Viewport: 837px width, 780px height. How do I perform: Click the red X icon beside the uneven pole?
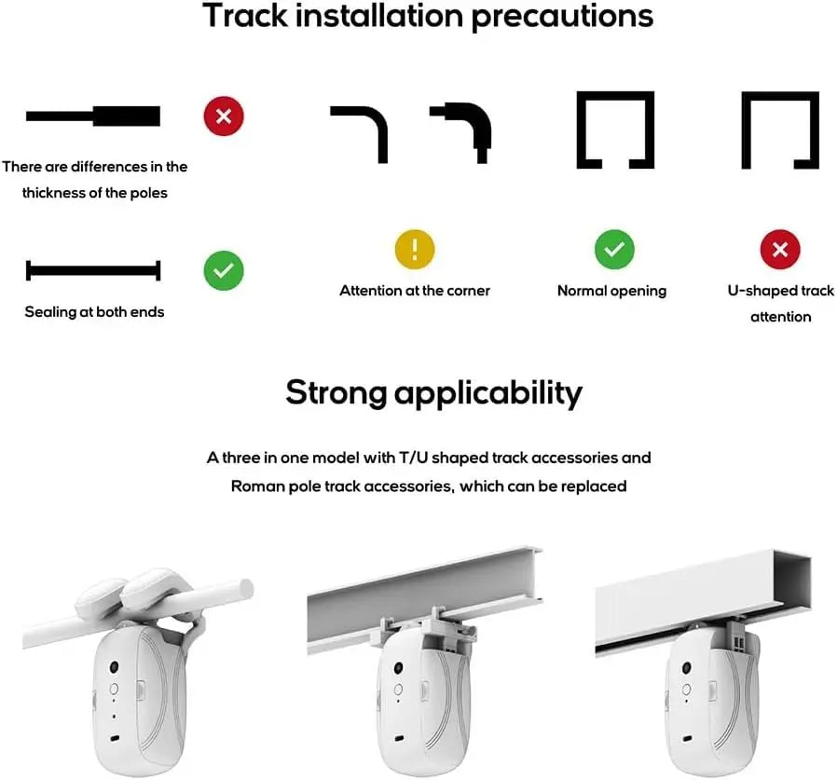click(224, 116)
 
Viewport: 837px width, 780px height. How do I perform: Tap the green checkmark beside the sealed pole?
click(224, 270)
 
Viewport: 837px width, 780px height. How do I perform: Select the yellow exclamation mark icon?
click(415, 250)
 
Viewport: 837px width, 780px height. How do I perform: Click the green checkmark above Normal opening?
click(614, 250)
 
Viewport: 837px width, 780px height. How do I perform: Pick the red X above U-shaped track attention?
click(781, 250)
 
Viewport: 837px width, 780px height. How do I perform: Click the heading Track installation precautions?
click(427, 17)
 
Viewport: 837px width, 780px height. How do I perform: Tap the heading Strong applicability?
click(433, 392)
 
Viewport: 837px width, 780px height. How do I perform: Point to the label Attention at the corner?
click(415, 291)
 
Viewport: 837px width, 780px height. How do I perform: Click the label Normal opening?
click(611, 291)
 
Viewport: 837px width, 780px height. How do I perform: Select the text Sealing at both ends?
click(94, 312)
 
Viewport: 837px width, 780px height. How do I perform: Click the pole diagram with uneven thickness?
click(93, 116)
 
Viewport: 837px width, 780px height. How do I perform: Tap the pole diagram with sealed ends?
click(93, 271)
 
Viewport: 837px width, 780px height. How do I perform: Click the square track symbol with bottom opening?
click(615, 130)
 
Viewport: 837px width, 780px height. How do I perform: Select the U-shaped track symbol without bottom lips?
click(780, 130)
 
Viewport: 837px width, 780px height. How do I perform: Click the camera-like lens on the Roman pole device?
click(113, 668)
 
